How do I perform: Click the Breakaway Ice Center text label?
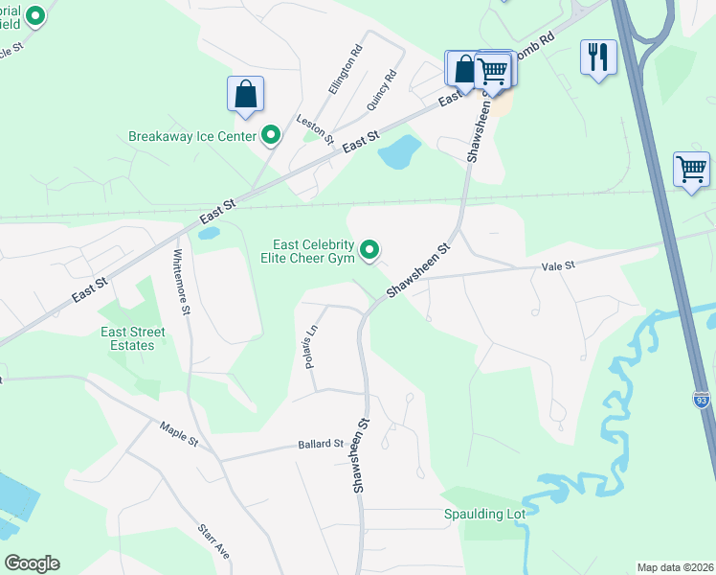pos(192,136)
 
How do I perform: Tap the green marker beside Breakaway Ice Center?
pos(271,136)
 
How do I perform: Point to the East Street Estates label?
pos(133,338)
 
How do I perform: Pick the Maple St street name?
pos(178,432)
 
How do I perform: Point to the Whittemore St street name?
pos(181,284)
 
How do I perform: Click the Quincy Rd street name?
pos(381,91)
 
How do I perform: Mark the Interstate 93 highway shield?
pos(702,401)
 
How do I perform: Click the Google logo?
pos(32,563)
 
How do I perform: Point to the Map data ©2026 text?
pos(675,567)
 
